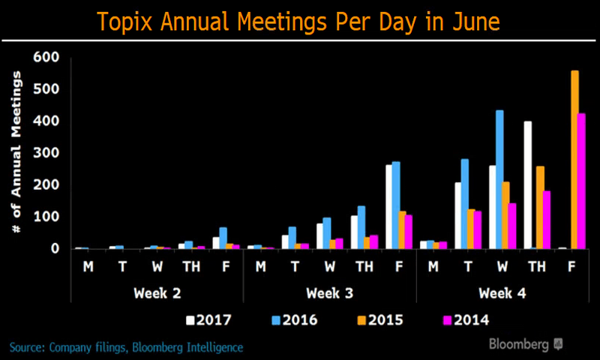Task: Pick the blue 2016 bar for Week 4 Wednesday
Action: tap(499, 179)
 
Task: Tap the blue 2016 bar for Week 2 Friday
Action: tap(223, 238)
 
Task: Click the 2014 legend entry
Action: tap(466, 320)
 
